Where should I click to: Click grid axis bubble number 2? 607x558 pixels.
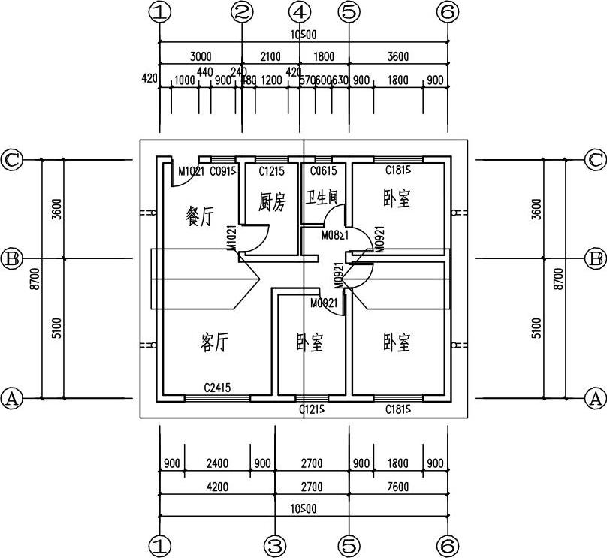(x=241, y=12)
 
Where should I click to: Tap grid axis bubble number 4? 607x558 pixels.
(x=300, y=12)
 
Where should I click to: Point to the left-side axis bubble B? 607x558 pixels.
(x=11, y=259)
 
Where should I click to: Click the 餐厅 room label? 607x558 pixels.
(x=200, y=216)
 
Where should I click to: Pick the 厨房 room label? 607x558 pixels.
(x=272, y=201)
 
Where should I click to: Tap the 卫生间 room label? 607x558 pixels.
(x=322, y=198)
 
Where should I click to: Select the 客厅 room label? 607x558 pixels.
(x=214, y=343)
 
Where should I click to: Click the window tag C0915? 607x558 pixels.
(x=224, y=173)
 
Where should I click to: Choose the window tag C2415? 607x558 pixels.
(x=218, y=388)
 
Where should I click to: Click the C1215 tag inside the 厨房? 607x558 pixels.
(x=272, y=173)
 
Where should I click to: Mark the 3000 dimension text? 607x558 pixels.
(x=201, y=56)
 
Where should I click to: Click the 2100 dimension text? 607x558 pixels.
(x=270, y=56)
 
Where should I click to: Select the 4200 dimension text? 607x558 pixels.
(x=217, y=487)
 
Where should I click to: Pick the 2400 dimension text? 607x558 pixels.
(x=217, y=463)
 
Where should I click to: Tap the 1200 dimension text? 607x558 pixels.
(x=271, y=80)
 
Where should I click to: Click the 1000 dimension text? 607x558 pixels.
(x=184, y=80)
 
